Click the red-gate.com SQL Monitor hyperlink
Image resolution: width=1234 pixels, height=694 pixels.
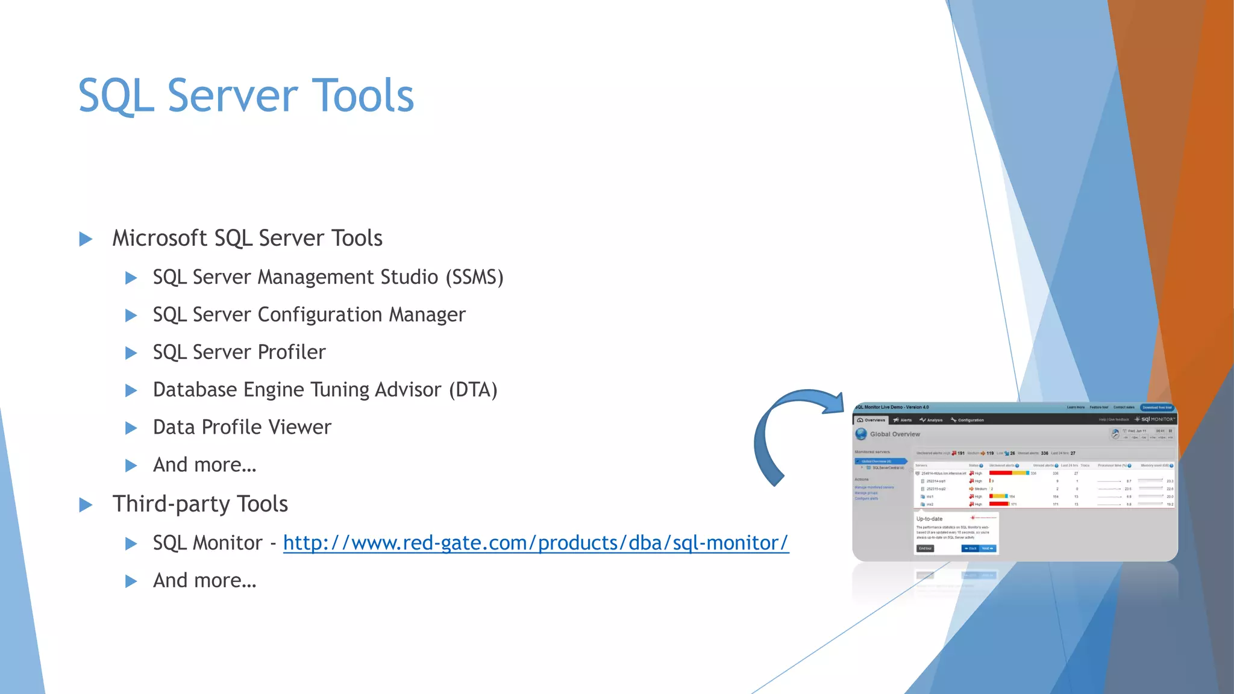(536, 543)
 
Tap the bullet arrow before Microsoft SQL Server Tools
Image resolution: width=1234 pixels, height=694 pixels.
(86, 239)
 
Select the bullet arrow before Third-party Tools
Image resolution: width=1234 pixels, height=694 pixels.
(86, 505)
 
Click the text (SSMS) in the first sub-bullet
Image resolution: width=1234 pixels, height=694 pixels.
(474, 278)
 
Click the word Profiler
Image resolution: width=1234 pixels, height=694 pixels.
(292, 352)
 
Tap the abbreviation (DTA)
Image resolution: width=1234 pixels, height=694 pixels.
(473, 390)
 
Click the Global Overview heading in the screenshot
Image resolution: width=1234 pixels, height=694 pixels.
(895, 434)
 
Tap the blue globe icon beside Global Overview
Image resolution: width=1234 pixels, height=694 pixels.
(861, 434)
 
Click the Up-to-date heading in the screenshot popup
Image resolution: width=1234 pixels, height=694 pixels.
(929, 519)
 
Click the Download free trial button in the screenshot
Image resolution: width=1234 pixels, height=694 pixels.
(1157, 408)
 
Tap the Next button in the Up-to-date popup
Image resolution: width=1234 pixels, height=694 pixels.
(987, 549)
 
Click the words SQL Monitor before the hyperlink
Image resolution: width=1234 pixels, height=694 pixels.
(207, 543)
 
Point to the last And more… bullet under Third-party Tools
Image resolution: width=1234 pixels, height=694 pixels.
(205, 581)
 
